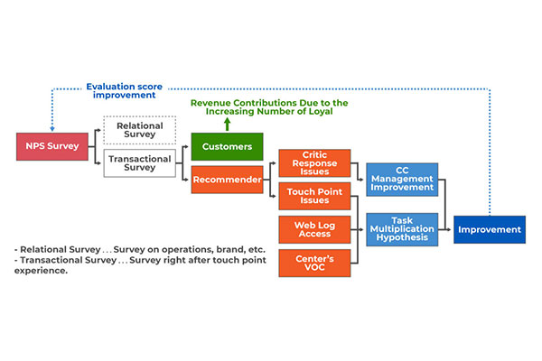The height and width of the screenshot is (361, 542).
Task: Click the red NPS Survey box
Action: pos(52,146)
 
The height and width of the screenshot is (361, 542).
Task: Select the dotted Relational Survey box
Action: pos(140,130)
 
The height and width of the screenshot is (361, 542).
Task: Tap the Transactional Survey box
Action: pos(140,163)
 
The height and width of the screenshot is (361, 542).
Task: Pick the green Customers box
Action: pos(227,146)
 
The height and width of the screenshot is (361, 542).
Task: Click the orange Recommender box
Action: pos(227,180)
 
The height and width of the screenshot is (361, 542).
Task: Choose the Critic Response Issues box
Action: pos(314,163)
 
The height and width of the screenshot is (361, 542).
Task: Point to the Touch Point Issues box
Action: pos(314,196)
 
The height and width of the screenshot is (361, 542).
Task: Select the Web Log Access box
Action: pos(314,230)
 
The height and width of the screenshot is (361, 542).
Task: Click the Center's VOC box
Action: pos(314,264)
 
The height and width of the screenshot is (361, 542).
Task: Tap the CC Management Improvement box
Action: pos(402,180)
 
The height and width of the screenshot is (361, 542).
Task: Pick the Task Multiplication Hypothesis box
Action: pos(402,229)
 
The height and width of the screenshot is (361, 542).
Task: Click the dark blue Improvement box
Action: pos(490,230)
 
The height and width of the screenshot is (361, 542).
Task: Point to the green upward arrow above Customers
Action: pos(227,125)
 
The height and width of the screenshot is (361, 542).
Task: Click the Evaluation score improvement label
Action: pos(124,91)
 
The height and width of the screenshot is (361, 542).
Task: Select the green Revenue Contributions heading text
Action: pos(269,107)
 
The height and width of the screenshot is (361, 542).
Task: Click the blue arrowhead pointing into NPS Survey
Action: pos(52,130)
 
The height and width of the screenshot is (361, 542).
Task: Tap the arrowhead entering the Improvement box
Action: pos(449,230)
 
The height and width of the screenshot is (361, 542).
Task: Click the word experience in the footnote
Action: pos(40,271)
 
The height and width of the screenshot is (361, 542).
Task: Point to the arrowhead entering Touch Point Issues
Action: pos(274,196)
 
